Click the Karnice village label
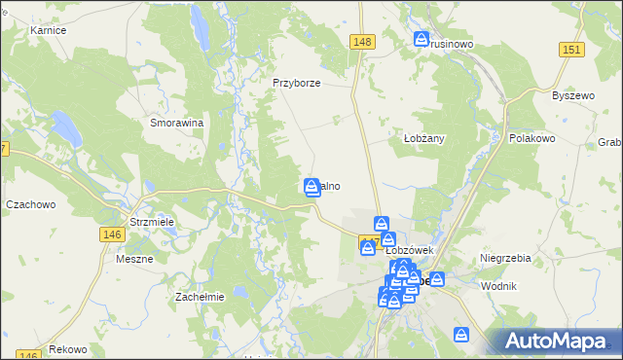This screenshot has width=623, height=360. (48, 31)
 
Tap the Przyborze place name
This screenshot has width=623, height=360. (297, 83)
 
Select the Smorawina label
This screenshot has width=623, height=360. (176, 124)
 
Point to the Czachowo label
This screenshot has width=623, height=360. (31, 205)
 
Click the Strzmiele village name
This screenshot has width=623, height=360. (152, 222)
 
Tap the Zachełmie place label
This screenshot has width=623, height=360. (199, 297)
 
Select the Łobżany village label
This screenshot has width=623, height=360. (423, 138)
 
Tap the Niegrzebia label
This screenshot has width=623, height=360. (505, 258)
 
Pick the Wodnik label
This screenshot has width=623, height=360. (498, 286)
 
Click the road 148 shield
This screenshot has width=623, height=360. (362, 41)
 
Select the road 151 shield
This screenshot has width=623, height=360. (571, 50)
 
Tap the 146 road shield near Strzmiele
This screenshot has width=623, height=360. (110, 234)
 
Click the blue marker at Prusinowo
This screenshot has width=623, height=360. (422, 40)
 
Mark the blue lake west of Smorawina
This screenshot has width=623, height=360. (64, 127)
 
